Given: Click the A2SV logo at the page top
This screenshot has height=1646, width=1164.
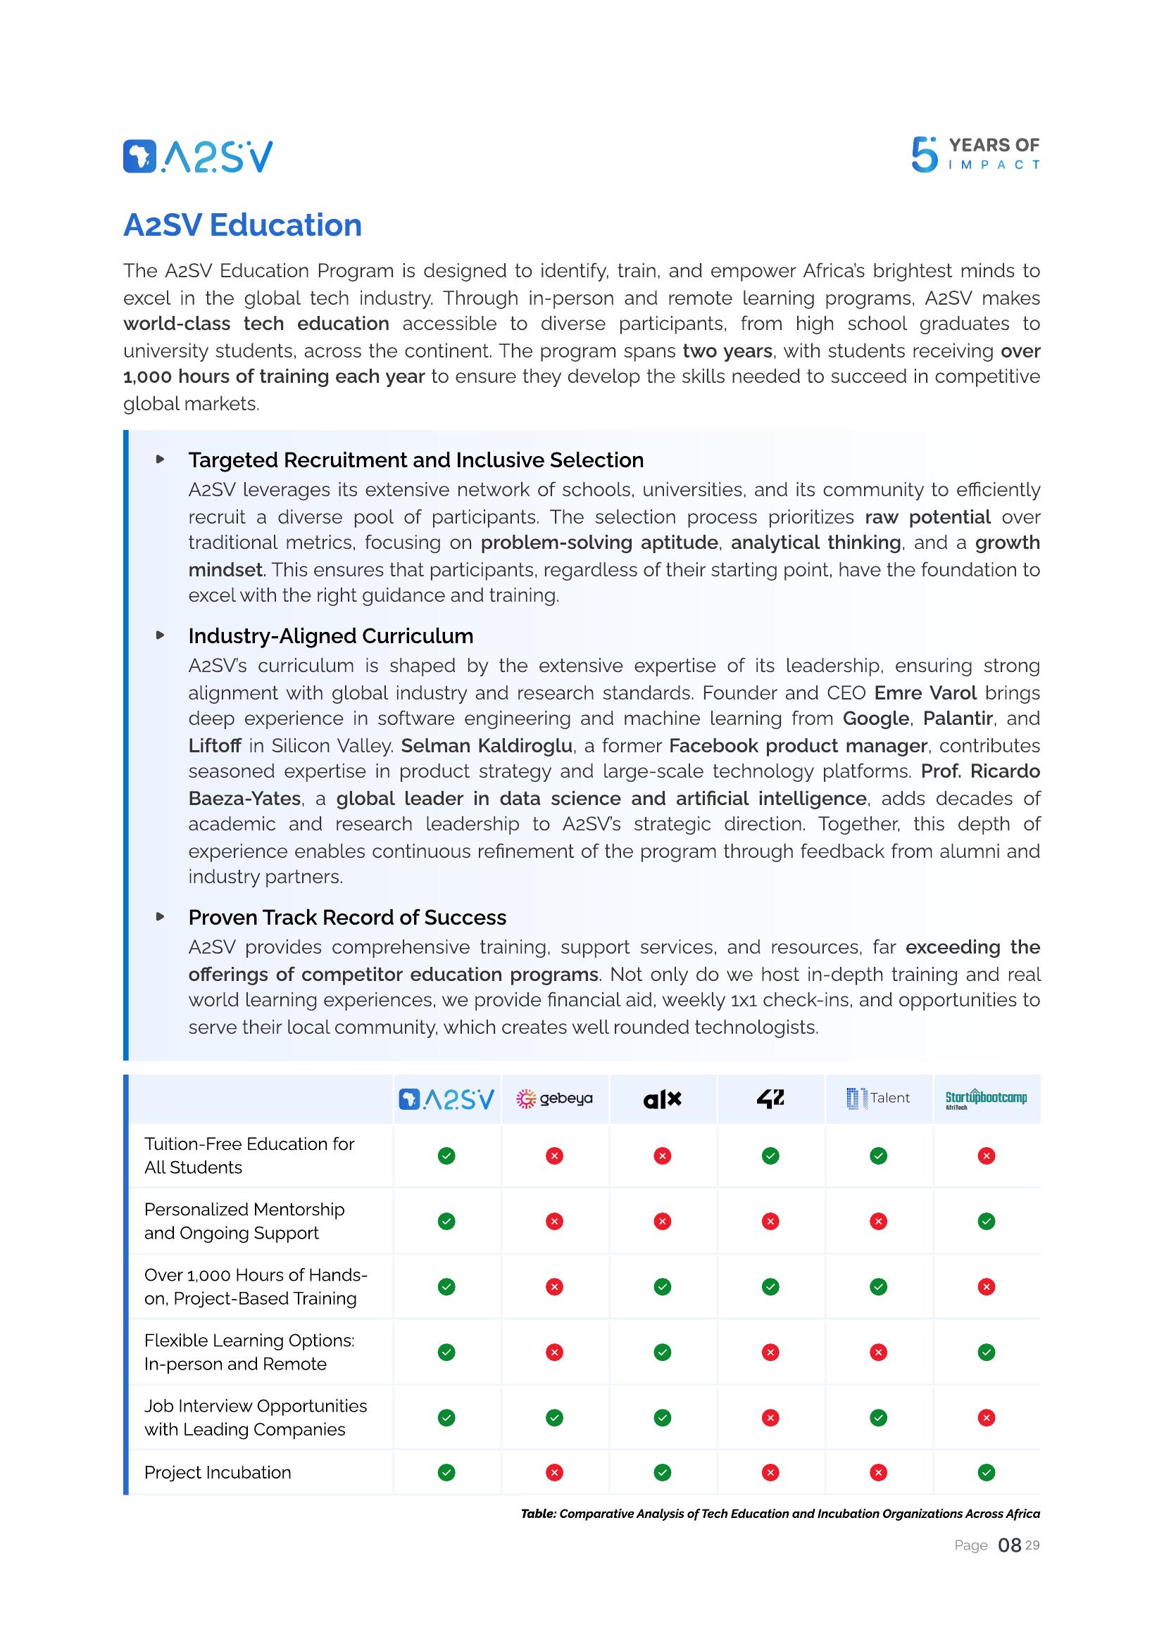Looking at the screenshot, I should coord(198,156).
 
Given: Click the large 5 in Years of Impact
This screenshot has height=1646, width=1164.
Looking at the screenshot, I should coord(924,155).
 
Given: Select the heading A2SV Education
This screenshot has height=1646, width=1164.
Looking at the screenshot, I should coord(242,225).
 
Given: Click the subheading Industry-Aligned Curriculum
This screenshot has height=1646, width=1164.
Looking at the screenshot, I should coord(331,636).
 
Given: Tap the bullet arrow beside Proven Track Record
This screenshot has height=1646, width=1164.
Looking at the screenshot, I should coord(161,916).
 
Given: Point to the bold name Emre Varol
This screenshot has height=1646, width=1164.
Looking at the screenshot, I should coord(925,692).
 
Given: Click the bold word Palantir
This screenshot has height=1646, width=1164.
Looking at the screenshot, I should coord(958,718).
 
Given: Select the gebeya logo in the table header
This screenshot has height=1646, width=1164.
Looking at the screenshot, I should coord(554,1099).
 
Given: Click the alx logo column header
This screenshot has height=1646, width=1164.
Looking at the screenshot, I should coord(662,1099).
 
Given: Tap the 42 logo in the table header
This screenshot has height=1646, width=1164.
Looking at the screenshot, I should coord(770,1099).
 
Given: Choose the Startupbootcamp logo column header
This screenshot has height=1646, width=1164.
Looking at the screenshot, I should coord(985,1099).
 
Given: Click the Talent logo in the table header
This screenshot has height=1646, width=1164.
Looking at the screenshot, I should coord(878,1099).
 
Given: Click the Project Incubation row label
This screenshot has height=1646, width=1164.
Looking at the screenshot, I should coord(218,1472).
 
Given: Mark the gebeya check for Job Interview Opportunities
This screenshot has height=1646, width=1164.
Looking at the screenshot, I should coord(554,1417).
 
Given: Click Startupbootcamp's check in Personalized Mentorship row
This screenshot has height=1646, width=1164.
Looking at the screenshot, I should coord(986,1221).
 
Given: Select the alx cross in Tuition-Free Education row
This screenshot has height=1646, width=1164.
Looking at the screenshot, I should coord(662,1156).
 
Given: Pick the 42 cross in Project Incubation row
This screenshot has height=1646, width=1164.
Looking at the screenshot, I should coord(770,1472).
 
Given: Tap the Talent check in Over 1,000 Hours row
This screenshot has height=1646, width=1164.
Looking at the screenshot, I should coord(878,1287).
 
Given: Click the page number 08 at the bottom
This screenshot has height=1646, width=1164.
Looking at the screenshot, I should coord(1009,1545).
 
